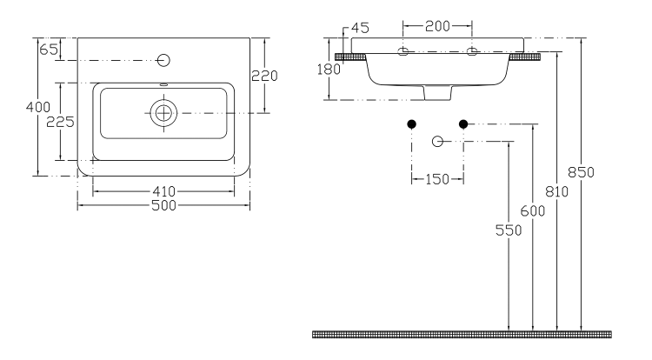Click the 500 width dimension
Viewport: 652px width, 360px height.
click(163, 206)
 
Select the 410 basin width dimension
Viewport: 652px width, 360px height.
click(163, 191)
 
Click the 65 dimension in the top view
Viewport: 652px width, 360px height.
click(49, 50)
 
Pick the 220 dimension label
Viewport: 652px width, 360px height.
click(263, 76)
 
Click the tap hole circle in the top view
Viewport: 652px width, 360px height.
click(163, 60)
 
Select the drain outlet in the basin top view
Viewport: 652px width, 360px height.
click(163, 113)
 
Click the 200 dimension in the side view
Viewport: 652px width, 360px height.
click(437, 26)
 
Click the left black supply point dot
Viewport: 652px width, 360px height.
click(412, 124)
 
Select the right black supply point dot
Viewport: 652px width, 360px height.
click(463, 124)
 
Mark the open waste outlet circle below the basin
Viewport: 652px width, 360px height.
click(438, 141)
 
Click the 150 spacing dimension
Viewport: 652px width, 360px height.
click(437, 179)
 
